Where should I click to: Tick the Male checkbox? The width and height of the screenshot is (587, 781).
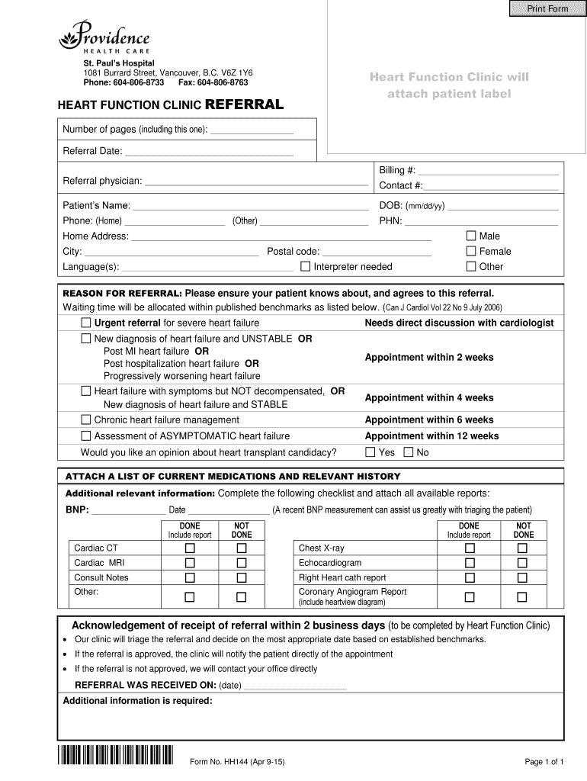pos(471,236)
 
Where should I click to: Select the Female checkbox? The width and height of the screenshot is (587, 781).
pos(471,251)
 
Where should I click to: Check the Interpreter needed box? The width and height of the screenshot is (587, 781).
pos(306,266)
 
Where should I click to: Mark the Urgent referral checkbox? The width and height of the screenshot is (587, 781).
pos(86,323)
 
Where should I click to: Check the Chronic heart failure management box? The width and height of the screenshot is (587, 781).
pos(86,419)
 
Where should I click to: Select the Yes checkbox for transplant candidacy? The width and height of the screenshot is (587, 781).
pos(370,452)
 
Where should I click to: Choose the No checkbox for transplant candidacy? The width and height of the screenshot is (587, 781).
pos(408,452)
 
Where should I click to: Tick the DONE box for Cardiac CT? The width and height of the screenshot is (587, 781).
pos(190,548)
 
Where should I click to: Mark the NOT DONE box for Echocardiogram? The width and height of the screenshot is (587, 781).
pos(523,563)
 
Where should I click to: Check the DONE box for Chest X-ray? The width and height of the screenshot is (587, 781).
pos(470,548)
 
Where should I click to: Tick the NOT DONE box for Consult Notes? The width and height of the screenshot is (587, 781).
pos(242,577)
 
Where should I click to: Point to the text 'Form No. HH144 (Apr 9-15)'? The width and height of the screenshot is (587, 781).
pos(237,762)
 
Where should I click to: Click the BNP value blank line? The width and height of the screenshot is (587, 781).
pos(128,510)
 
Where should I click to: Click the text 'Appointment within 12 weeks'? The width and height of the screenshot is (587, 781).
pos(431,436)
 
